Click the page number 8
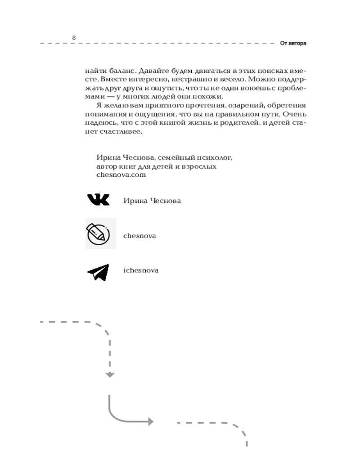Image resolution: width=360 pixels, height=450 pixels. point(74,37)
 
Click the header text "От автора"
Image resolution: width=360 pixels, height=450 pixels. point(293,44)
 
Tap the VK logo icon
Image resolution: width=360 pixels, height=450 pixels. point(98,200)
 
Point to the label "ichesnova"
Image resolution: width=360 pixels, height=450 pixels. point(141,270)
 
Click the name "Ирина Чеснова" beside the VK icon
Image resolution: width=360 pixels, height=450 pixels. point(152,201)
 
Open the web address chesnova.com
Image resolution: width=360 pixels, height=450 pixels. point(121,175)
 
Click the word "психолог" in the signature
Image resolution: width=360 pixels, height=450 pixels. point(215,157)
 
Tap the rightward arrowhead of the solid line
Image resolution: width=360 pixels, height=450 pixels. point(150,422)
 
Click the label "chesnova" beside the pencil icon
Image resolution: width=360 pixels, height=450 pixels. point(139,236)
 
